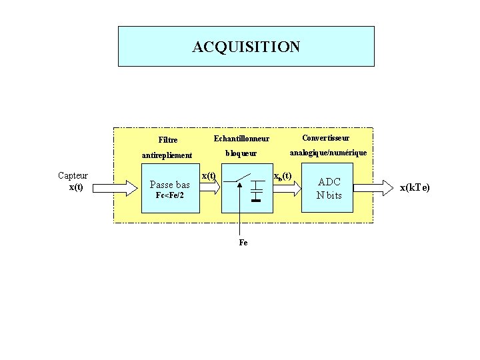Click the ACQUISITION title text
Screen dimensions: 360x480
[x=246, y=47]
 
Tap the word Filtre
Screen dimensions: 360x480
[x=168, y=140]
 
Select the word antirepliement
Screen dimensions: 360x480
[x=167, y=155]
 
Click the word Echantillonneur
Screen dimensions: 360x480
[x=241, y=139]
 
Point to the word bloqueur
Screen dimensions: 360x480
[x=241, y=153]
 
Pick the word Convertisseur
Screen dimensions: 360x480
[x=325, y=138]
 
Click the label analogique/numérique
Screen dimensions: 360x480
[x=327, y=153]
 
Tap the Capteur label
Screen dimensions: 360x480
[x=73, y=175]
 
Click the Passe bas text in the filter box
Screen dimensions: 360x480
[x=171, y=184]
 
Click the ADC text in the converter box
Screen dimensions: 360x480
[x=329, y=181]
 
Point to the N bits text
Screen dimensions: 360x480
[x=329, y=195]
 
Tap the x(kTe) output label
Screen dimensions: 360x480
[x=415, y=187]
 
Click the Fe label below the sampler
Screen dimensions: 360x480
[x=243, y=243]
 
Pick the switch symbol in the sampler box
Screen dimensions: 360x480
[x=241, y=178]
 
